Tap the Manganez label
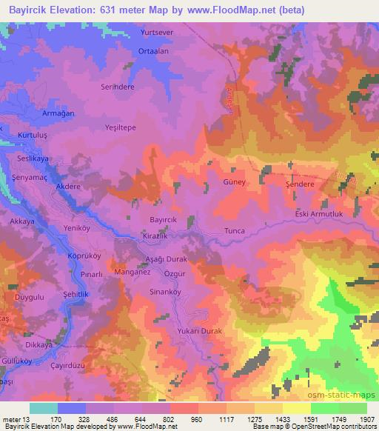(133, 272)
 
